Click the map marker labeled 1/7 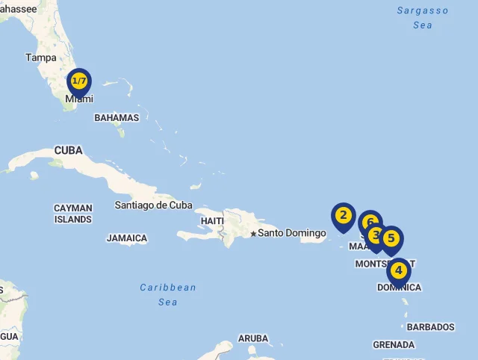[79, 81]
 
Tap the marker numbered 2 [343, 216]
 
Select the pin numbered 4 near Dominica [399, 270]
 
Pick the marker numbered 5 [391, 238]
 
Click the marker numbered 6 [369, 222]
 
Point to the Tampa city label [40, 58]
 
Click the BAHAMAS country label [117, 118]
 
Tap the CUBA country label [68, 151]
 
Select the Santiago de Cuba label [153, 205]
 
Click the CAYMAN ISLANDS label [73, 214]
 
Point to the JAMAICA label [127, 238]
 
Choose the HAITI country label [212, 221]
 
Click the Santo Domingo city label [292, 233]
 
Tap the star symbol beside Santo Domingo [253, 234]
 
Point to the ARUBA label [253, 338]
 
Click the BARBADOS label [430, 327]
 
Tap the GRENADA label [394, 345]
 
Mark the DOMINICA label [399, 288]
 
